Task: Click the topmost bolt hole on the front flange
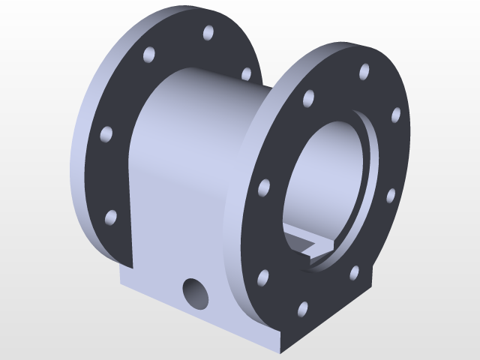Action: (x=364, y=72)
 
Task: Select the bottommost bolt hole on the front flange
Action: (x=303, y=308)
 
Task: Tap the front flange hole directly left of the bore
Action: (x=263, y=187)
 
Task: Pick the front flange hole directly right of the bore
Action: (x=390, y=196)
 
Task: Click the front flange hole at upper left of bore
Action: (x=307, y=98)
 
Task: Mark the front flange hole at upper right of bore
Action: (x=395, y=115)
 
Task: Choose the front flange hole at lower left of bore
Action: (x=263, y=278)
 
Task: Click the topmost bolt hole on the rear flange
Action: (x=208, y=34)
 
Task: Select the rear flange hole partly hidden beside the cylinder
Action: (x=245, y=73)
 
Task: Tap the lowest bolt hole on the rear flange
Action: (x=110, y=218)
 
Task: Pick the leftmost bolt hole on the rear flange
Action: (x=106, y=135)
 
